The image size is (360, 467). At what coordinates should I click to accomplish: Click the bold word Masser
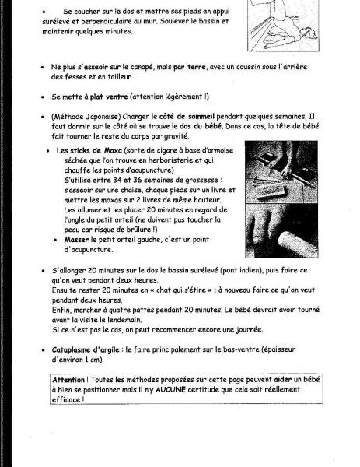click(81, 239)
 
